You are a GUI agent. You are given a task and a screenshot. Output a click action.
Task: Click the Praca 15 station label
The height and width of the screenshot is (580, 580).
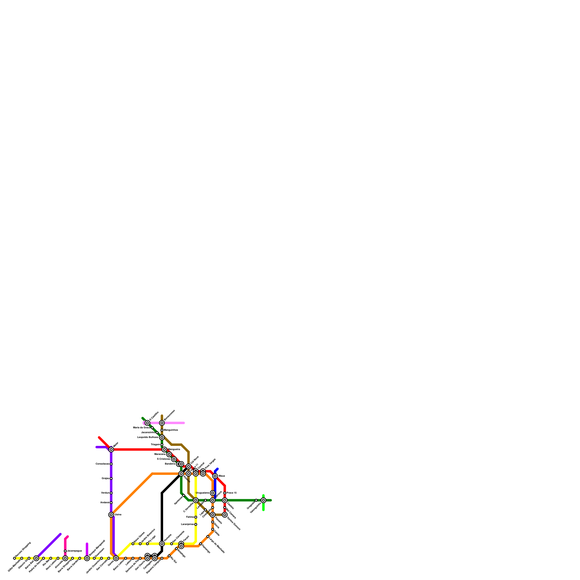tap(232, 493)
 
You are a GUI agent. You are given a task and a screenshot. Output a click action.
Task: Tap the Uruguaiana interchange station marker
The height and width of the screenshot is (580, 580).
tap(212, 493)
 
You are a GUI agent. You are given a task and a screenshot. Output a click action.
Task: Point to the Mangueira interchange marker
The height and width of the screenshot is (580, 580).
tap(164, 449)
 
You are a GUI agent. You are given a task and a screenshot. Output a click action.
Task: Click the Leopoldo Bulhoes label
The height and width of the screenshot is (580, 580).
tap(148, 438)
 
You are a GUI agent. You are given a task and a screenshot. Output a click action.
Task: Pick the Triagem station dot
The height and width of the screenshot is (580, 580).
tap(162, 444)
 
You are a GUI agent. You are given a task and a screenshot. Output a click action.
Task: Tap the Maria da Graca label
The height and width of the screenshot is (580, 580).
tap(141, 428)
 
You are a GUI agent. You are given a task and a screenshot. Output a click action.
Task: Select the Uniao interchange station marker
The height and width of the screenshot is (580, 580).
tap(111, 515)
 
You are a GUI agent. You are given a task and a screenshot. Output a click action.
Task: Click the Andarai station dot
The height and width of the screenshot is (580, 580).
tap(111, 503)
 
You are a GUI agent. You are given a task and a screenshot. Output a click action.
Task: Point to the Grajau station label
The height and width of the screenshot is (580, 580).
tap(105, 478)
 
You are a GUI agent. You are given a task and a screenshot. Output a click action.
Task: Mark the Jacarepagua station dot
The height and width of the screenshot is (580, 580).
tap(65, 551)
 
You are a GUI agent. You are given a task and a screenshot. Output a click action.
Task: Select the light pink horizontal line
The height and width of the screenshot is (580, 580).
tap(174, 423)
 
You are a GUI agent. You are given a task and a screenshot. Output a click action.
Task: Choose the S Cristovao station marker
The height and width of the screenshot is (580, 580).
tap(174, 459)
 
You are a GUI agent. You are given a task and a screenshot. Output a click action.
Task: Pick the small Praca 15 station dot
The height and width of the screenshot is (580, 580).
tap(225, 493)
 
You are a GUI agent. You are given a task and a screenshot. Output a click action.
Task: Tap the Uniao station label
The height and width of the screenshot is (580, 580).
tap(118, 515)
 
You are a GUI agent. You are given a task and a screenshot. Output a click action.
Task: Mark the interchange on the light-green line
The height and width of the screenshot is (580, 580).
tap(263, 500)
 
